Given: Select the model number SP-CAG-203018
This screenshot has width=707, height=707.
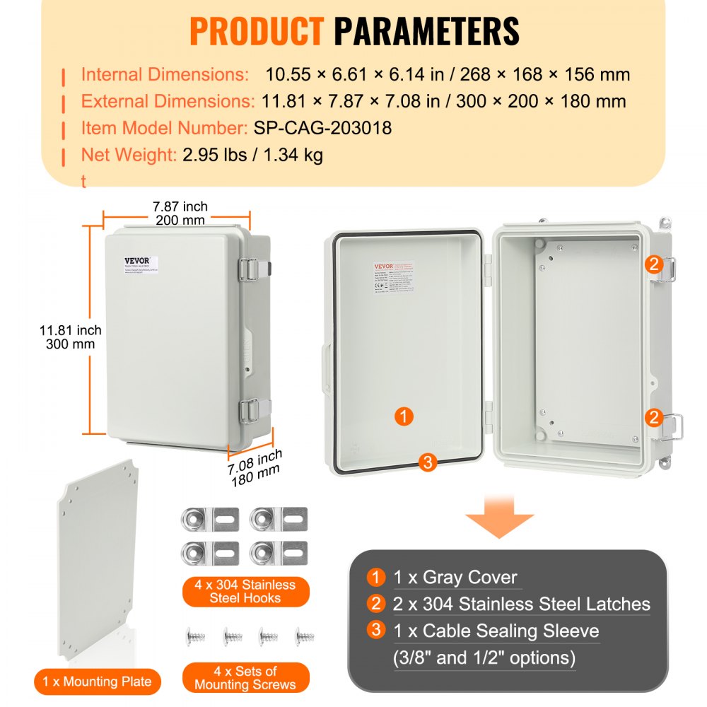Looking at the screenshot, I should coord(322,128).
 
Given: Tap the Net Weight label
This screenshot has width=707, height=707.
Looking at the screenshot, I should coord(128,155).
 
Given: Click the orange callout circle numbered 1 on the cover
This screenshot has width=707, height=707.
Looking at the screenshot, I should coord(403,416).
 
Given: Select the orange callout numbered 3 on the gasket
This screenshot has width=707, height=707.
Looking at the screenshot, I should coord(426,462).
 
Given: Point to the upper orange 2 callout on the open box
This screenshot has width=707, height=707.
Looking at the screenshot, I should coord(653,264).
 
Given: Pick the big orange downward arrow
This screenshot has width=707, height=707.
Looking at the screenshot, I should coord(499,518).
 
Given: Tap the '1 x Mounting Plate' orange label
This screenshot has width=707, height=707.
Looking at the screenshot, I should coord(97,682).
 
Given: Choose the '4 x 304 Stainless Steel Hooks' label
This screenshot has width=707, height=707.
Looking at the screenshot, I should coord(245,592).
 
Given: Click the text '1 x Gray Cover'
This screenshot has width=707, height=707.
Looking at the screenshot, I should coord(455,578).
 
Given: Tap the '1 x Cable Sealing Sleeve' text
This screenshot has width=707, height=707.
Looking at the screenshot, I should coord(496,631).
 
